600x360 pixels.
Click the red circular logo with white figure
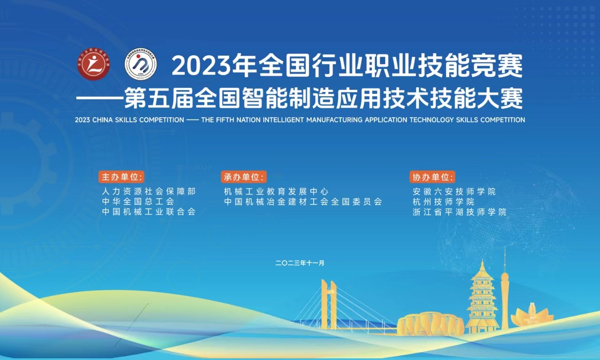(94, 64)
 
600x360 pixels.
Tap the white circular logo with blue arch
(141, 64)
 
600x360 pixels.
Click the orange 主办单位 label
(121, 177)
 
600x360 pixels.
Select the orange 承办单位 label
(244, 177)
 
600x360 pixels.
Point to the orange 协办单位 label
(432, 177)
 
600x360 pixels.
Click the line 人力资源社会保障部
(149, 191)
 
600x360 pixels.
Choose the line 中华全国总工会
(138, 202)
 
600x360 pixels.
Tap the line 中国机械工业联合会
(149, 211)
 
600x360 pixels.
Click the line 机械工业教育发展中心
(276, 191)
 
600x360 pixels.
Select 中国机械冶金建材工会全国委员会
(303, 202)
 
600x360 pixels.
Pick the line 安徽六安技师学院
(454, 191)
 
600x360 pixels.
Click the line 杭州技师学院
(443, 202)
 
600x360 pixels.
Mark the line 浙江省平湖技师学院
(460, 212)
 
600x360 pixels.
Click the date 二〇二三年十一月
(300, 263)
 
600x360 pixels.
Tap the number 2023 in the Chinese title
(201, 66)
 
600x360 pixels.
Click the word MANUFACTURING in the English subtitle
(334, 120)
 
